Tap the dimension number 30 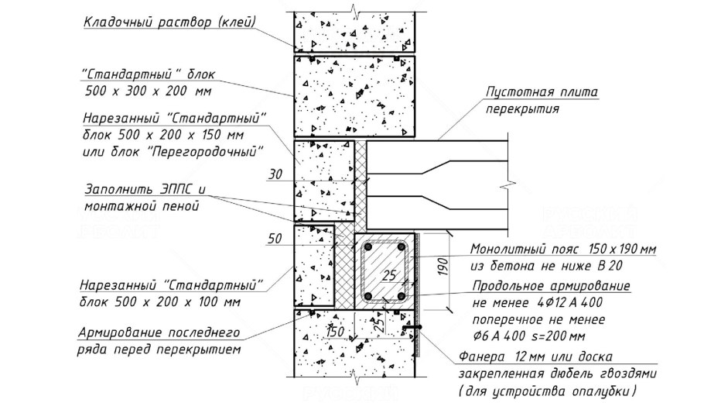pyautogui.click(x=275, y=175)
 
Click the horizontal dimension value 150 pyautogui.click(x=336, y=332)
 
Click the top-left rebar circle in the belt pyautogui.click(x=369, y=249)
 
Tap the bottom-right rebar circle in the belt pyautogui.click(x=401, y=297)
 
